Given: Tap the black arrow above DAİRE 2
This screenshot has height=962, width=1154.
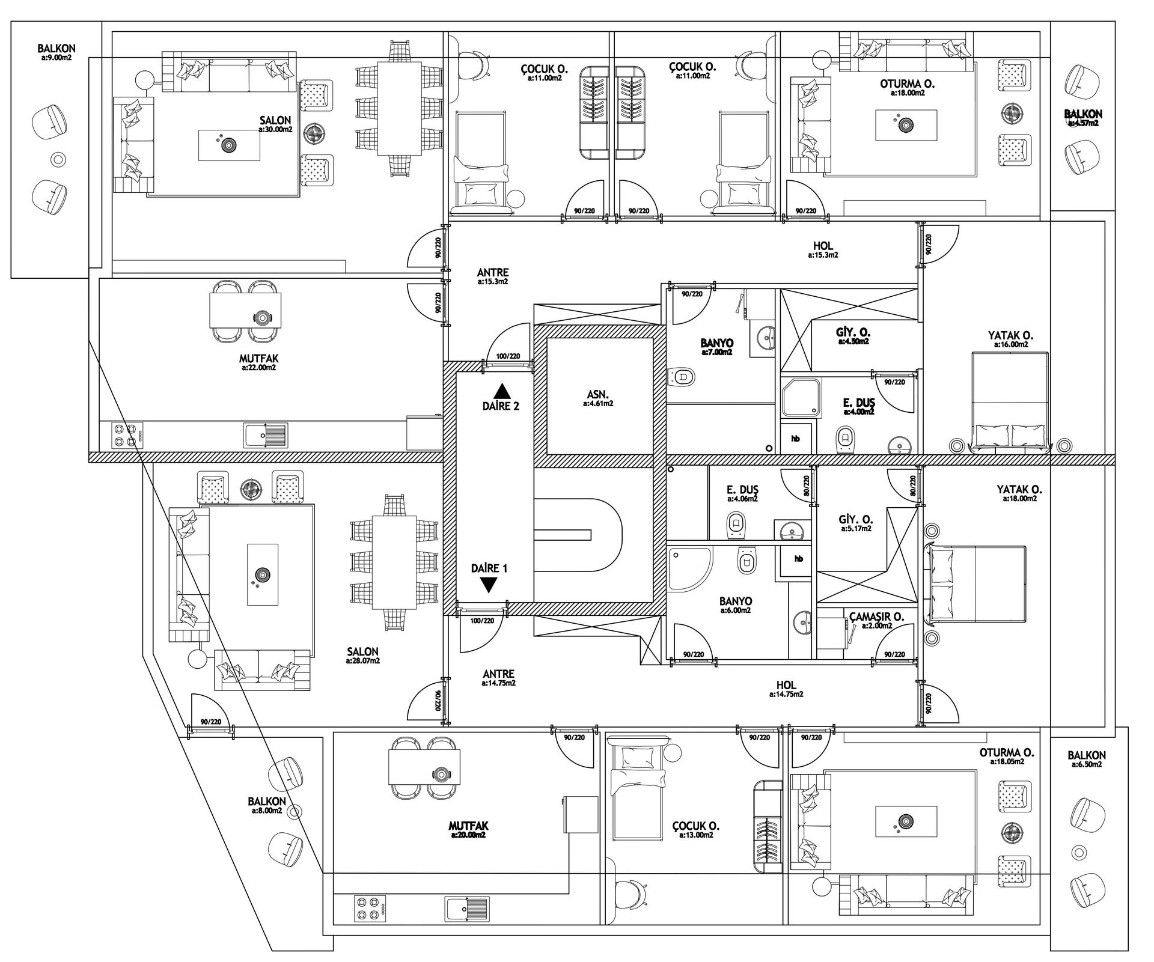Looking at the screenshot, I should (x=501, y=391).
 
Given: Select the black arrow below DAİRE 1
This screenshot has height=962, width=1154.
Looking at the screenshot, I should (x=489, y=585).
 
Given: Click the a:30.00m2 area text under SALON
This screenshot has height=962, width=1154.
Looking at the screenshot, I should (x=276, y=129).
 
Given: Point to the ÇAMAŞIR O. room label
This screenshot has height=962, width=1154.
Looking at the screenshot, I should (x=877, y=616).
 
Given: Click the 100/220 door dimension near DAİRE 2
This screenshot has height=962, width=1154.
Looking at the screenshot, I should (x=508, y=356).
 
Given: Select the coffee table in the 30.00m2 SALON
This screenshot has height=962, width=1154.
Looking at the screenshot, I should (x=230, y=145).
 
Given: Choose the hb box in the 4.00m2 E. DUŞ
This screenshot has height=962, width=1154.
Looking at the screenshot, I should (x=796, y=439).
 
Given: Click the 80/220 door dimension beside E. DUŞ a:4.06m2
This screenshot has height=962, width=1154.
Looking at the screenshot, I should (x=807, y=486).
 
